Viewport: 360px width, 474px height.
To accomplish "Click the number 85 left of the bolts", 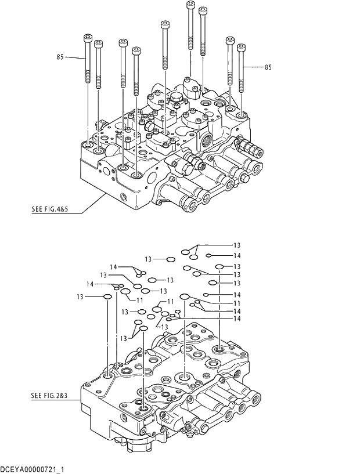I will pos(60,57).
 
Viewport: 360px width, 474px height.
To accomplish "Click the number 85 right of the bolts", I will pos(268,68).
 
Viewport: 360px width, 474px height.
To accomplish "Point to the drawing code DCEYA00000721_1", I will pos(32,468).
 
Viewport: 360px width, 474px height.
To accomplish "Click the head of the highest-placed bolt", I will pos(190,5).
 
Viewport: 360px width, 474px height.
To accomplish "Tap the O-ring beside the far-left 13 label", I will pos(107,297).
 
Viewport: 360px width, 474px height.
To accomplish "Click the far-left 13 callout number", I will pos(80,297).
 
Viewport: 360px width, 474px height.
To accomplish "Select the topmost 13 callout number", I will pos(236,245).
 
